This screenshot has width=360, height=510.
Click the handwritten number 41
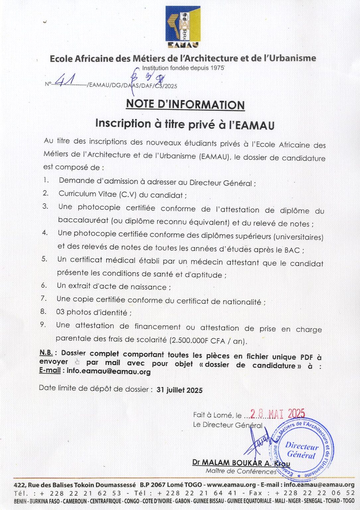coord(65,80)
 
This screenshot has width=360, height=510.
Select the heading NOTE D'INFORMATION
coord(185,104)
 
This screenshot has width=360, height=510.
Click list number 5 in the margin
coord(44,259)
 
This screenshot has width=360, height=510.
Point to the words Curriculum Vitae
coord(88,194)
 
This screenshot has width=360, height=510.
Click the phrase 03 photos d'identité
coord(94,312)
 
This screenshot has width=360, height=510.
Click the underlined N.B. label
coord(46,353)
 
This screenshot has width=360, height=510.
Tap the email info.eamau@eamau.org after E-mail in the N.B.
coord(108,372)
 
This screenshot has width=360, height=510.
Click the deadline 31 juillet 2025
coord(180,390)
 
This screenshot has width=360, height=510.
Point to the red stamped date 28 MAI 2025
coord(277,414)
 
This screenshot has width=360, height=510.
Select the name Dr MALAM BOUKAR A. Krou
coord(241,463)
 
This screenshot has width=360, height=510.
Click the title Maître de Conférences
coord(241,471)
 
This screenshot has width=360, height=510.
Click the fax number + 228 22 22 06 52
coord(315,493)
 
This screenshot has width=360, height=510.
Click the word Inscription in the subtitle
coord(123,124)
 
